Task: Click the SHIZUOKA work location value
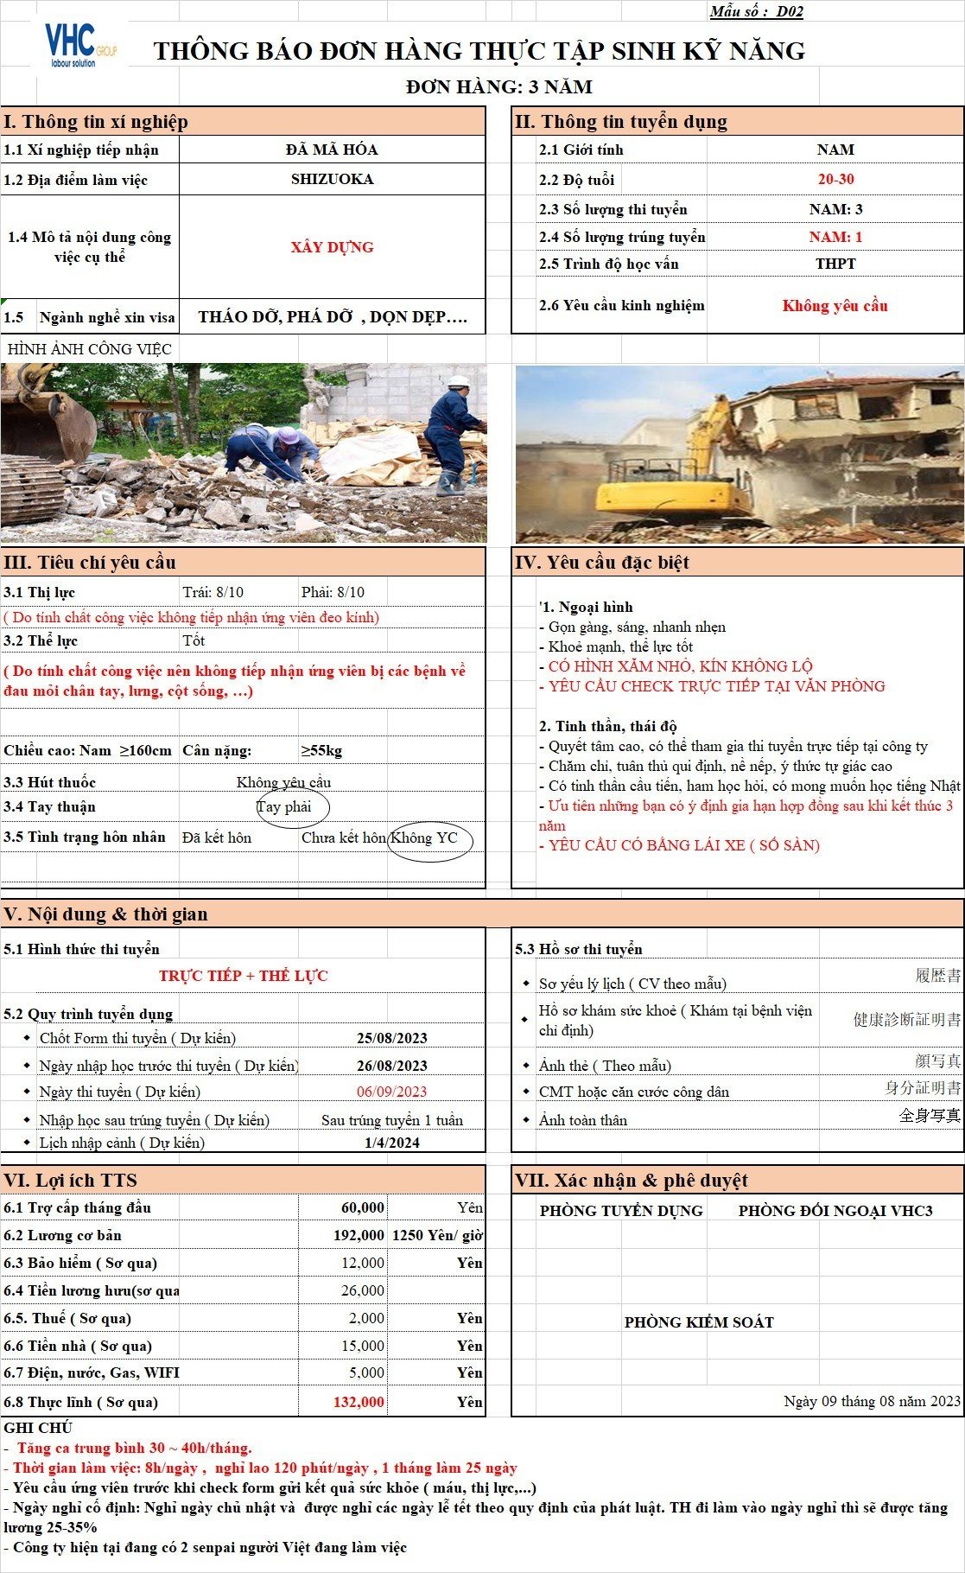coord(332,179)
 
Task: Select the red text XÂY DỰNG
coord(332,247)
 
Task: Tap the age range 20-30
coord(835,179)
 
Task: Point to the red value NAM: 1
coord(835,237)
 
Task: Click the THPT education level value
coord(835,264)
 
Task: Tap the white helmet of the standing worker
coord(459,380)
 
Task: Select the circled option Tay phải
coord(284,806)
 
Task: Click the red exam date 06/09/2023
coord(391,1092)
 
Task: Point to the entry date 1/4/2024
coord(391,1143)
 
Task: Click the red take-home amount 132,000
coord(359,1402)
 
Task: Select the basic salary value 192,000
coord(359,1235)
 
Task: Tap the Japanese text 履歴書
coord(937,976)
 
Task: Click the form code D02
coord(790,11)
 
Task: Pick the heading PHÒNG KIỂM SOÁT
coord(699,1322)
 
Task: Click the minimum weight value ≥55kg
coord(321,750)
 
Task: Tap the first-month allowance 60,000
coord(363,1207)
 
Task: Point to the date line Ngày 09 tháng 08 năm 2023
coord(872,1401)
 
